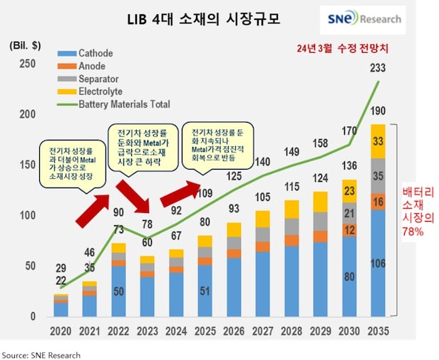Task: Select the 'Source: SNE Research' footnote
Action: point(41,354)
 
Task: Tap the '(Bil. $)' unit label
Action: point(25,45)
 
